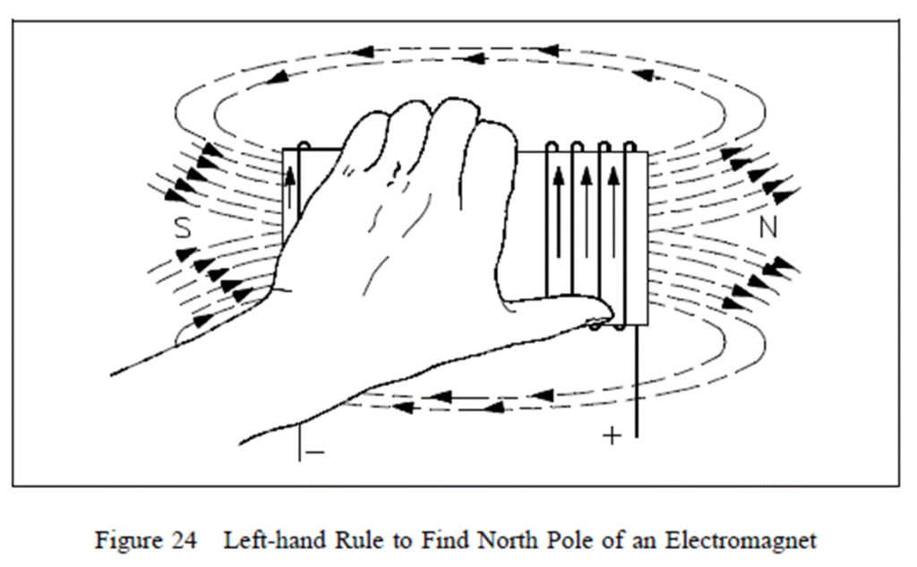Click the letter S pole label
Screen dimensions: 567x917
coord(183,228)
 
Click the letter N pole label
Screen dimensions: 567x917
coord(767,228)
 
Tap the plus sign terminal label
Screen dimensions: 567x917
coord(613,436)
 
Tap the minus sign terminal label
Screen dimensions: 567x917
coord(315,452)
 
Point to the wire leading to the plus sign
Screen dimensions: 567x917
coord(637,385)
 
